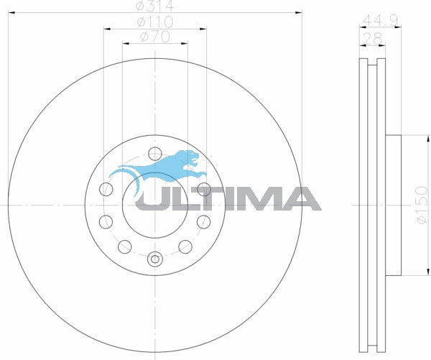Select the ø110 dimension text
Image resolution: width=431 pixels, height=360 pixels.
[x=155, y=22]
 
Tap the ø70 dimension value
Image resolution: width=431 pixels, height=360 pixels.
[x=155, y=37]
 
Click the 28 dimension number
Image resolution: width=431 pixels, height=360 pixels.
[x=372, y=37]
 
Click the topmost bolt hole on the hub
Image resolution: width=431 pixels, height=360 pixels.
[x=154, y=152]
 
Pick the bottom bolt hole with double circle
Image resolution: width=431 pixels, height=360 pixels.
[x=154, y=259]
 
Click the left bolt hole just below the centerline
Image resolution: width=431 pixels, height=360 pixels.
[x=106, y=221]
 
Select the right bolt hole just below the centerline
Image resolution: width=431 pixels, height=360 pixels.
[x=203, y=221]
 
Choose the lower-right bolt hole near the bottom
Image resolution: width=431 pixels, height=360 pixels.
[x=184, y=246]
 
